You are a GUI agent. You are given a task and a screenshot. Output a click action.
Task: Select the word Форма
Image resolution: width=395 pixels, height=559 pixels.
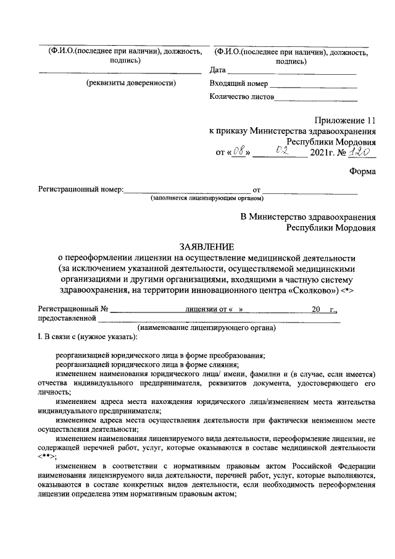pyautogui.click(x=362, y=173)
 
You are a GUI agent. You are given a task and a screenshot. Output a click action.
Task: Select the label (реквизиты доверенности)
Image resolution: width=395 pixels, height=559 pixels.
pyautogui.click(x=131, y=83)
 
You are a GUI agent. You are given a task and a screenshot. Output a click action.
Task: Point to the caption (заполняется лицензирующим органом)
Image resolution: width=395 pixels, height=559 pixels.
pyautogui.click(x=207, y=199)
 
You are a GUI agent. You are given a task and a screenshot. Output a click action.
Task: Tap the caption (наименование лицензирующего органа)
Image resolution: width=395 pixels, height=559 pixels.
pyautogui.click(x=207, y=328)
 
